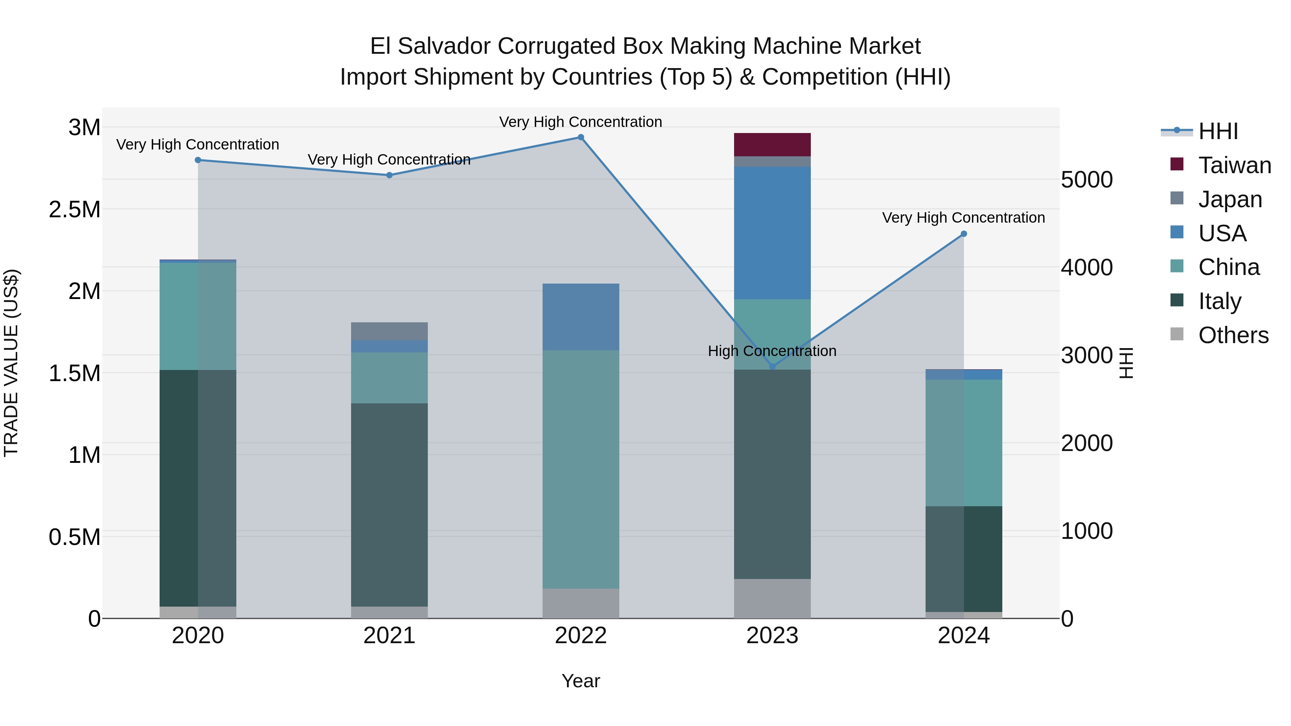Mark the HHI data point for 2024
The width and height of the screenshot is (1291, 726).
click(963, 234)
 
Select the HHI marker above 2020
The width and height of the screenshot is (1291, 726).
click(198, 160)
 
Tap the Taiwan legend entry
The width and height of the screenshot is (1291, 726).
click(1234, 165)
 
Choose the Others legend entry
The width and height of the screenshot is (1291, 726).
click(1233, 335)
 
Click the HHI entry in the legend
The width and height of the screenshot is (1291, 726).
click(1218, 131)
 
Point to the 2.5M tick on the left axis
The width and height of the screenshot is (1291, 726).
click(75, 209)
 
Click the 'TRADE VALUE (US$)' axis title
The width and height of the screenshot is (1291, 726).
click(11, 363)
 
